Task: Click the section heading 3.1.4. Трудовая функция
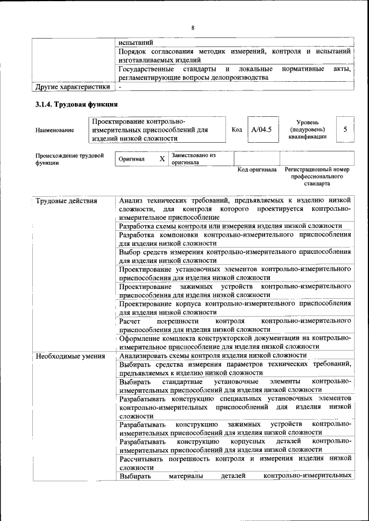[77, 105]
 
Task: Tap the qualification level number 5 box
[345, 130]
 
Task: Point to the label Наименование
[55, 130]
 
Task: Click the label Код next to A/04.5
[236, 130]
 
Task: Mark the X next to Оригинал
[162, 158]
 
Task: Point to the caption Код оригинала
[257, 170]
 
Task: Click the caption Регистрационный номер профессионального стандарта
[317, 177]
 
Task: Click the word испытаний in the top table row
[135, 43]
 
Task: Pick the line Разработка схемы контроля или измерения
[231, 226]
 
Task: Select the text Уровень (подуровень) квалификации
[312, 130]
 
